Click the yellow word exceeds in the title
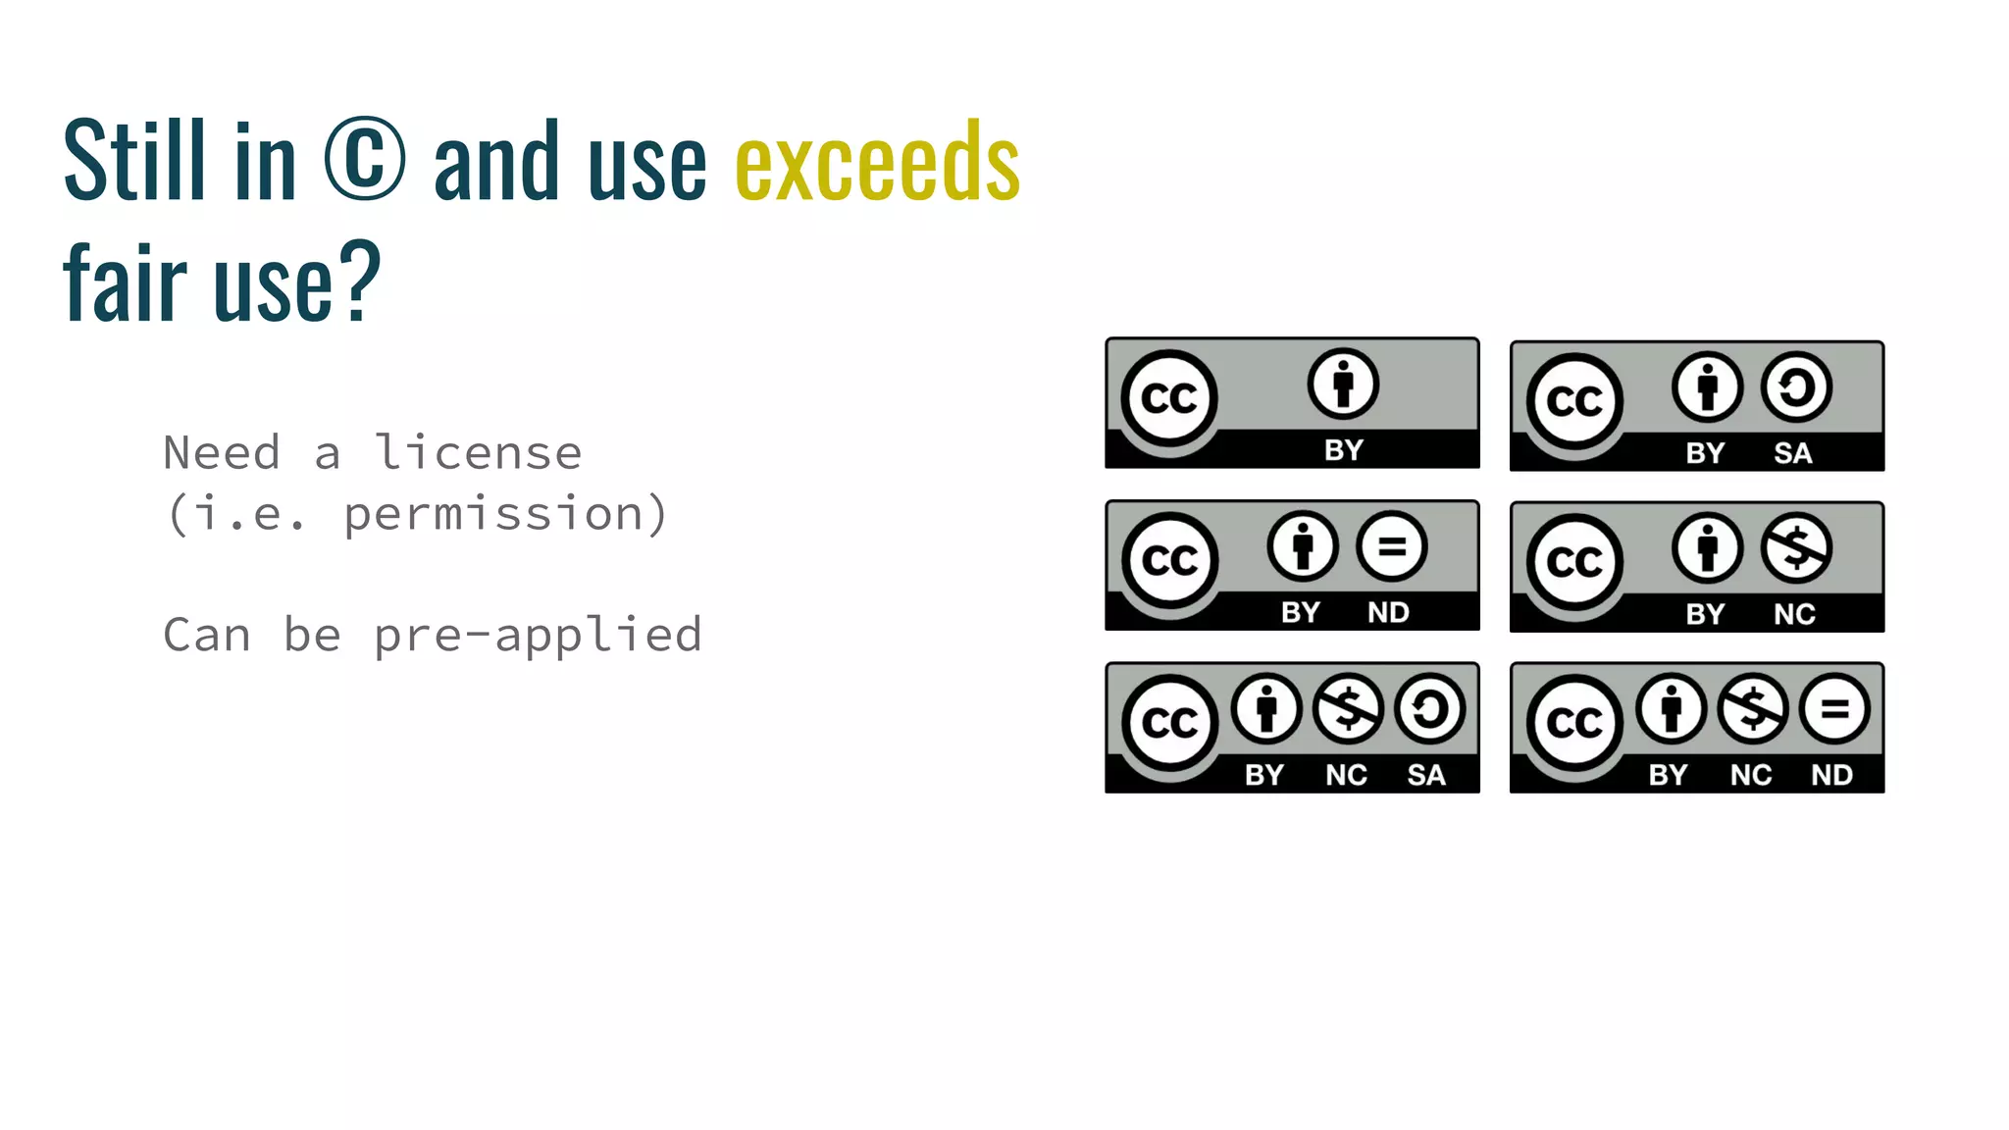click(x=877, y=162)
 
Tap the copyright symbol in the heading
click(x=364, y=159)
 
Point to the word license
click(x=479, y=453)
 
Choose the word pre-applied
click(x=539, y=635)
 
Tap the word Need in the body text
click(x=222, y=453)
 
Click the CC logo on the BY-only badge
click(x=1169, y=398)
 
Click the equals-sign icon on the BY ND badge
click(x=1392, y=547)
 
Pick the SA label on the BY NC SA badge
click(x=1426, y=775)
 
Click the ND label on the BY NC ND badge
click(x=1831, y=775)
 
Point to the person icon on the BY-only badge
click(x=1343, y=384)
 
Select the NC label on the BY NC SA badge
click(x=1346, y=775)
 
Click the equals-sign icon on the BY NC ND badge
click(x=1834, y=708)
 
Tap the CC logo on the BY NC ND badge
click(x=1574, y=724)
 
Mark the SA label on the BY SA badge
click(x=1792, y=453)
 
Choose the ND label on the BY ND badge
click(x=1388, y=612)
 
